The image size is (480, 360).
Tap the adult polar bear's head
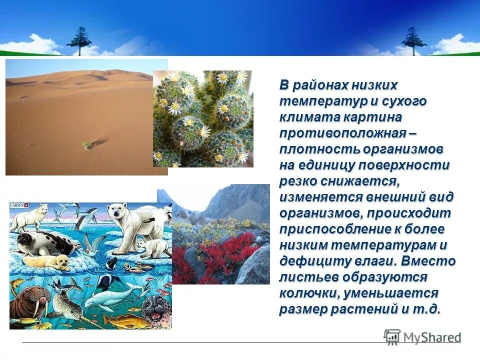coord(118,212)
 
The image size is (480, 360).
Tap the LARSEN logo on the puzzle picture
coord(19,205)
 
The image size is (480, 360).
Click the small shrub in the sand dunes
coord(87,144)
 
